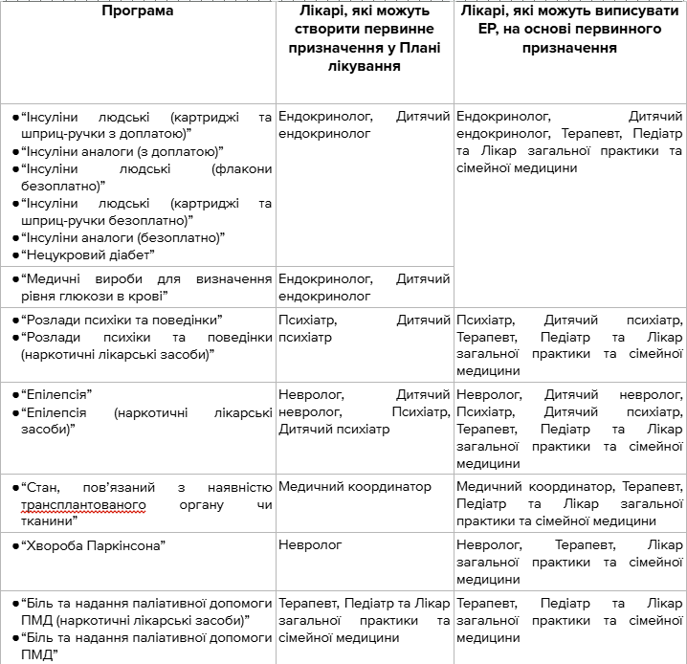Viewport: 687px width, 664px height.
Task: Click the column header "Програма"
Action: tap(139, 11)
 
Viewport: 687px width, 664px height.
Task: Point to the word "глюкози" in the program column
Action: tap(114, 297)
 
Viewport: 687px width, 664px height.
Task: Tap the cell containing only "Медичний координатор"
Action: tap(355, 487)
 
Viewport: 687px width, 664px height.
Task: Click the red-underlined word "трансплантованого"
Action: tap(83, 504)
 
